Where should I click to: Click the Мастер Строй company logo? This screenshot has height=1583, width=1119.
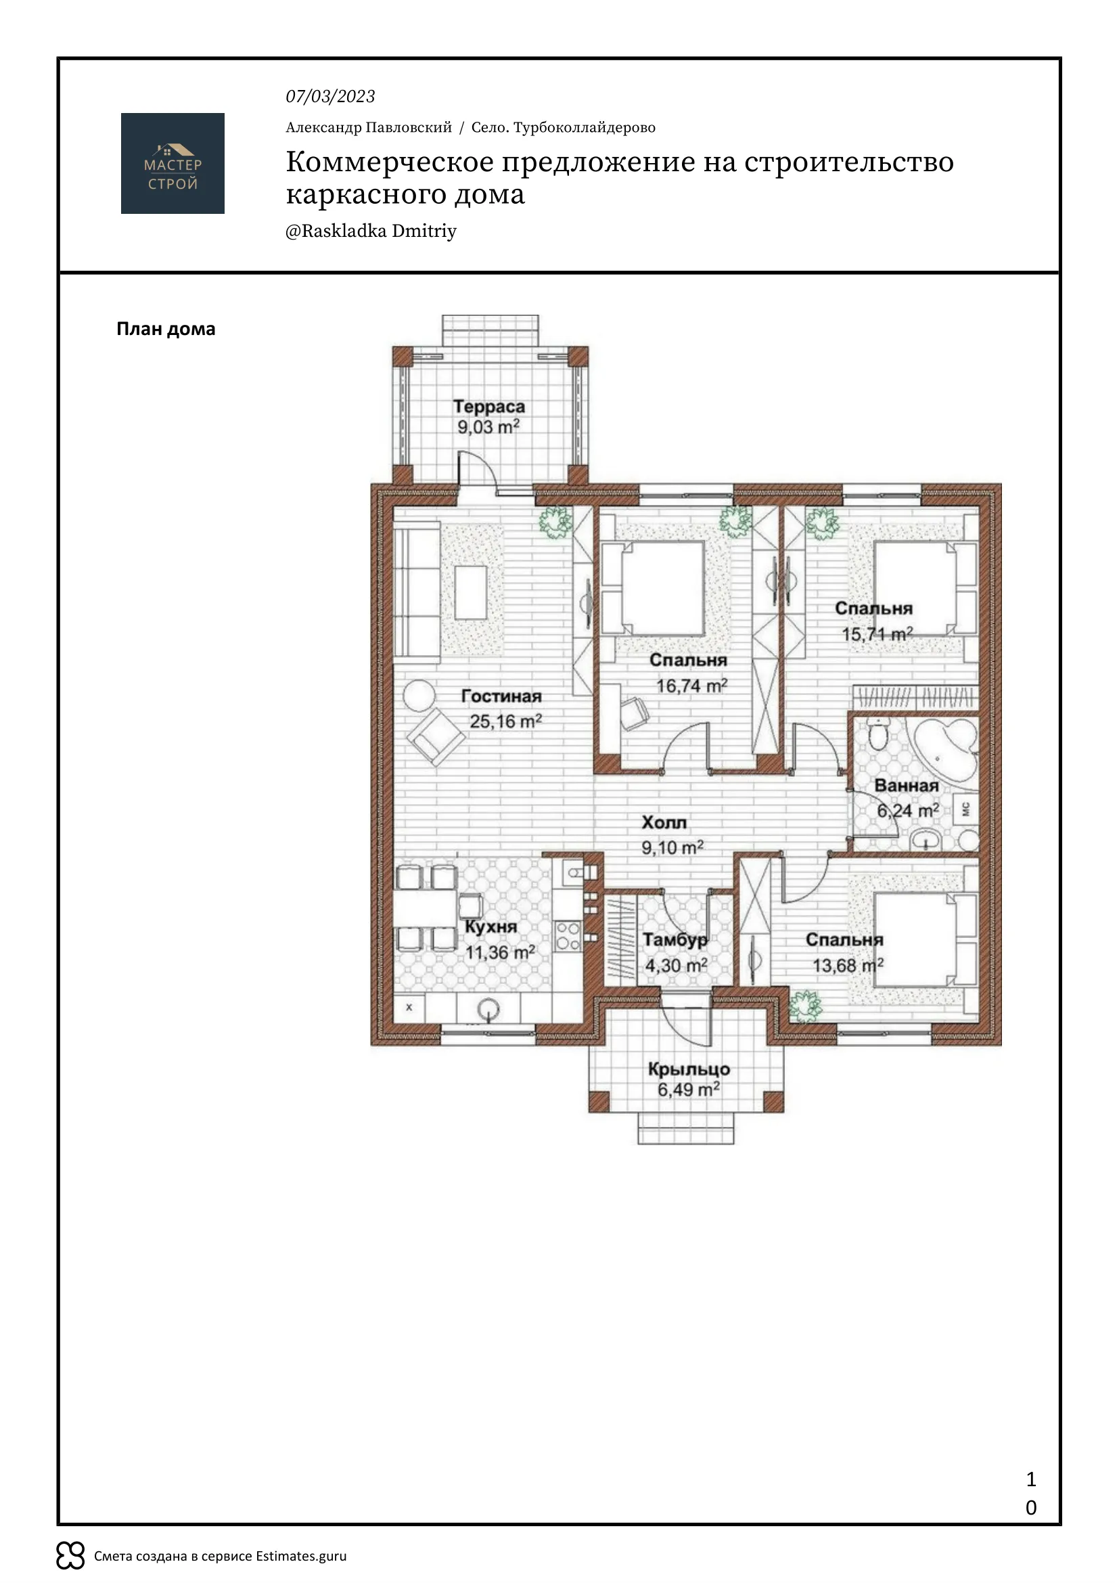click(x=173, y=163)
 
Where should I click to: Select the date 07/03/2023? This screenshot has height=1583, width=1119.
click(x=331, y=97)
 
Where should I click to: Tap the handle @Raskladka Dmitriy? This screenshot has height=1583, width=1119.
click(x=371, y=231)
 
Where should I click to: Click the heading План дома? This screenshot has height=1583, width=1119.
click(x=166, y=329)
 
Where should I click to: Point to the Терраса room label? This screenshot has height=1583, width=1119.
click(x=489, y=407)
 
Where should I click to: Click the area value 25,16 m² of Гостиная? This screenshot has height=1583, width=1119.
click(x=506, y=721)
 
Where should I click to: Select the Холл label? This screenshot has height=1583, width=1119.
click(x=664, y=822)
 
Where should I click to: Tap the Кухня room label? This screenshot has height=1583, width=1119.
click(x=490, y=927)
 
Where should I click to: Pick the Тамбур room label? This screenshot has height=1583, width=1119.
click(x=675, y=940)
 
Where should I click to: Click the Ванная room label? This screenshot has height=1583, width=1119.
click(x=907, y=785)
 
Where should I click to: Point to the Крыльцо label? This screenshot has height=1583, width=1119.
click(x=689, y=1069)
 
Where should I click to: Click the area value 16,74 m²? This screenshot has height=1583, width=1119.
click(x=692, y=686)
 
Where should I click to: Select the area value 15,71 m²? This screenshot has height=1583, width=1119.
click(x=877, y=633)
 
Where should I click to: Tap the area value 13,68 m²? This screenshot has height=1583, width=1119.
click(x=848, y=965)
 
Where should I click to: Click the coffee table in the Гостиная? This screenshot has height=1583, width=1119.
click(x=472, y=592)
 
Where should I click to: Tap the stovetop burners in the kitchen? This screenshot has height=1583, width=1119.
click(x=568, y=936)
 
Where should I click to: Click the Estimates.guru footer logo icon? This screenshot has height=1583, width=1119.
click(x=70, y=1555)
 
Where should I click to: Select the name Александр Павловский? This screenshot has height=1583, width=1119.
click(x=369, y=127)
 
